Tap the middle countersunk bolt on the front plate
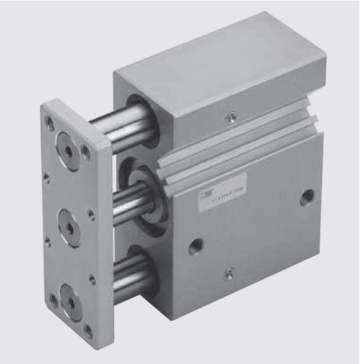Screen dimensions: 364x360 point(70,224)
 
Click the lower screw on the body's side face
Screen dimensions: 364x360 point(230,270)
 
